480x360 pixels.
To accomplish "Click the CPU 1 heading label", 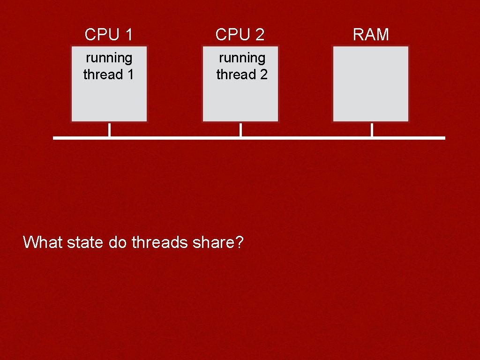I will click(x=109, y=34).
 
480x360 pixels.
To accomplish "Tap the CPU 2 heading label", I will click(x=240, y=34).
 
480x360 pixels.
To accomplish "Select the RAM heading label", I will click(x=371, y=34).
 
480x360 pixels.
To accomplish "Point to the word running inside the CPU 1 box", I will click(x=109, y=58).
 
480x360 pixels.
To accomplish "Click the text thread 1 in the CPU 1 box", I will click(x=109, y=75).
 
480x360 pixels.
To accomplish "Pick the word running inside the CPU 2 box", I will click(x=242, y=58).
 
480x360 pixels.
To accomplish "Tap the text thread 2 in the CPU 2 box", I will click(x=242, y=75).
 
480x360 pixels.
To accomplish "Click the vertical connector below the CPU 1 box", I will click(x=109, y=130).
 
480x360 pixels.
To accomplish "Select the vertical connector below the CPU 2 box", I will click(x=240, y=130).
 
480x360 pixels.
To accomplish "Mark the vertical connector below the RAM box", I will click(x=372, y=130).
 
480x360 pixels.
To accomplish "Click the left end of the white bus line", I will click(x=55, y=138).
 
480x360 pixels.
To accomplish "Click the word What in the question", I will click(x=43, y=242).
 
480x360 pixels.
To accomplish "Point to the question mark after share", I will click(x=240, y=242).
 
